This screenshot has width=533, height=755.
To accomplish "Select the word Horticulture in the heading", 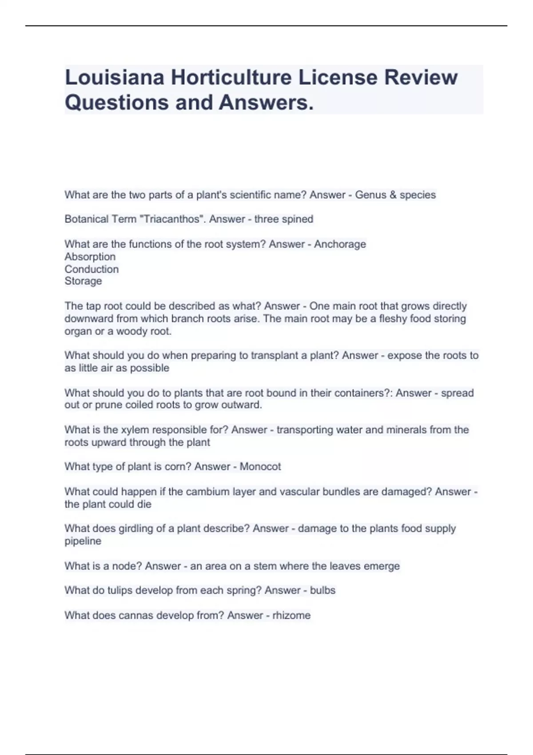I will (x=231, y=78).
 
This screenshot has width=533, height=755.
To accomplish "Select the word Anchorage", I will (x=340, y=244).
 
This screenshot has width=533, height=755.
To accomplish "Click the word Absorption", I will (x=90, y=257).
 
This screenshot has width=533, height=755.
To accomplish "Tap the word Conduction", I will (x=91, y=269).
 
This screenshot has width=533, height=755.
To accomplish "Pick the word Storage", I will (x=83, y=281).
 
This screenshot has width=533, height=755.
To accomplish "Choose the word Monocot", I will (x=260, y=467).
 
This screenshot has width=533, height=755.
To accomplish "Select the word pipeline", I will (x=83, y=541).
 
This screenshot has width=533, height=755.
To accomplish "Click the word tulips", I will (x=119, y=590).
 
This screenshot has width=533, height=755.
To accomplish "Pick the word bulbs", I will (x=322, y=590).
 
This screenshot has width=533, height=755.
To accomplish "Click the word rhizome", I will (x=291, y=616).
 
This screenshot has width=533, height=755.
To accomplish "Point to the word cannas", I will (x=134, y=616).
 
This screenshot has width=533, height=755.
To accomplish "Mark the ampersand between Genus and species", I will (x=393, y=195).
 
